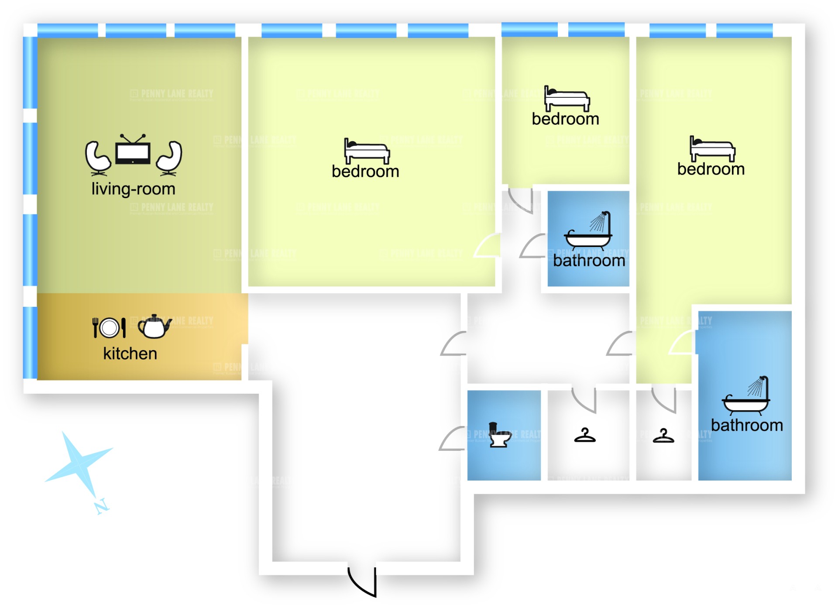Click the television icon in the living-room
point(133,151)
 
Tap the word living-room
point(133,189)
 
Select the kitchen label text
point(130,354)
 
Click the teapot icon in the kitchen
point(154,327)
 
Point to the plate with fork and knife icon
point(109,327)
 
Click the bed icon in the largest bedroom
point(367,151)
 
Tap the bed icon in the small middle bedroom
point(567,99)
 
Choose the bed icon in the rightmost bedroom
point(712,149)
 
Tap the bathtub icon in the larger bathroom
point(746,395)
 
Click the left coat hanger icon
point(585,436)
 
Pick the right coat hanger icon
point(663,436)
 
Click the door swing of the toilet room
point(452,439)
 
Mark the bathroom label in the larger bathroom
point(747,425)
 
